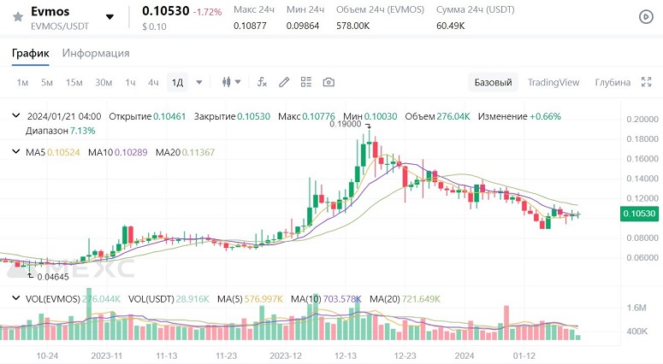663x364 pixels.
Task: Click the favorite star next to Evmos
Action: pyautogui.click(x=17, y=16)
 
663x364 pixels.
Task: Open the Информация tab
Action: pyautogui.click(x=96, y=53)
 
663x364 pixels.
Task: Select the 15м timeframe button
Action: pyautogui.click(x=74, y=82)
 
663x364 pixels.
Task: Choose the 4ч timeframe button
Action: pyautogui.click(x=153, y=82)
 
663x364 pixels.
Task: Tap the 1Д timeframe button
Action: pyautogui.click(x=177, y=82)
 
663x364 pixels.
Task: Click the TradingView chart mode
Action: pyautogui.click(x=553, y=82)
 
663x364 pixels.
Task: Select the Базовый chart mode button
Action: pyautogui.click(x=493, y=82)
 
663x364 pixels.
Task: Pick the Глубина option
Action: pyautogui.click(x=613, y=82)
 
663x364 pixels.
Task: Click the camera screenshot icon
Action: pyautogui.click(x=329, y=82)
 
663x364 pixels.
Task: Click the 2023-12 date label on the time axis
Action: pyautogui.click(x=285, y=355)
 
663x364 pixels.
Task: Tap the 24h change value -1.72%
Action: pyautogui.click(x=206, y=12)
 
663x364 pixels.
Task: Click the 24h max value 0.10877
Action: pyautogui.click(x=250, y=26)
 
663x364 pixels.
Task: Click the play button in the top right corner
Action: pyautogui.click(x=646, y=16)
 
